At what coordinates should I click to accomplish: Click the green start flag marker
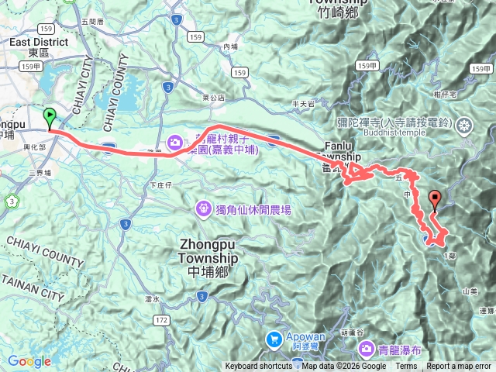[x=50, y=119]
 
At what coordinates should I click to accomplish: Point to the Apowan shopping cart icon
[x=274, y=338]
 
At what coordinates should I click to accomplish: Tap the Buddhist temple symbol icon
[x=464, y=125]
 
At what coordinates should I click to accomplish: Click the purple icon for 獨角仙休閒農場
[x=203, y=208]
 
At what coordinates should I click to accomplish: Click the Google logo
[x=29, y=361]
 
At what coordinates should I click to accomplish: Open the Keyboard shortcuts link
[x=259, y=367]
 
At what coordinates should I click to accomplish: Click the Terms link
[x=406, y=367]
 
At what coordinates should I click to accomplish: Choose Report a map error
[x=460, y=367]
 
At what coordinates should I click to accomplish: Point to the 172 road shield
[x=161, y=319]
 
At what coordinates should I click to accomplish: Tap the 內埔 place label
[x=230, y=46]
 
